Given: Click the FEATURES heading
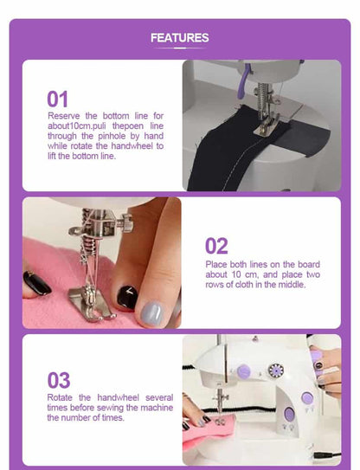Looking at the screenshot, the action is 179,38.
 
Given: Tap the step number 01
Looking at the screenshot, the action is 58,100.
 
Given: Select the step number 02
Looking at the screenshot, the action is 216,246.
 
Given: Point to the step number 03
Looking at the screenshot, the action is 59,380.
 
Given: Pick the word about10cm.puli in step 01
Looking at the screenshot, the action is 77,126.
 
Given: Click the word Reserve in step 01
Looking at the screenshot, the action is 64,116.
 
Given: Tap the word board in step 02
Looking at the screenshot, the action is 309,264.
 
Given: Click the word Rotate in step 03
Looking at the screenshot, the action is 60,397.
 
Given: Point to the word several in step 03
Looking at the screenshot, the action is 159,397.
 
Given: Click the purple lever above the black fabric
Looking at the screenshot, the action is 243,81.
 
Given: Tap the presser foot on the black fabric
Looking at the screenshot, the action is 265,128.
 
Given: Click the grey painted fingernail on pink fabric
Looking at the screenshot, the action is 151,313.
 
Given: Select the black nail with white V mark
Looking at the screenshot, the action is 127,297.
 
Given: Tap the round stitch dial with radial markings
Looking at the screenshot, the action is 276,370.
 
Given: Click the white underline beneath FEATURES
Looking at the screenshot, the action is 179,48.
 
